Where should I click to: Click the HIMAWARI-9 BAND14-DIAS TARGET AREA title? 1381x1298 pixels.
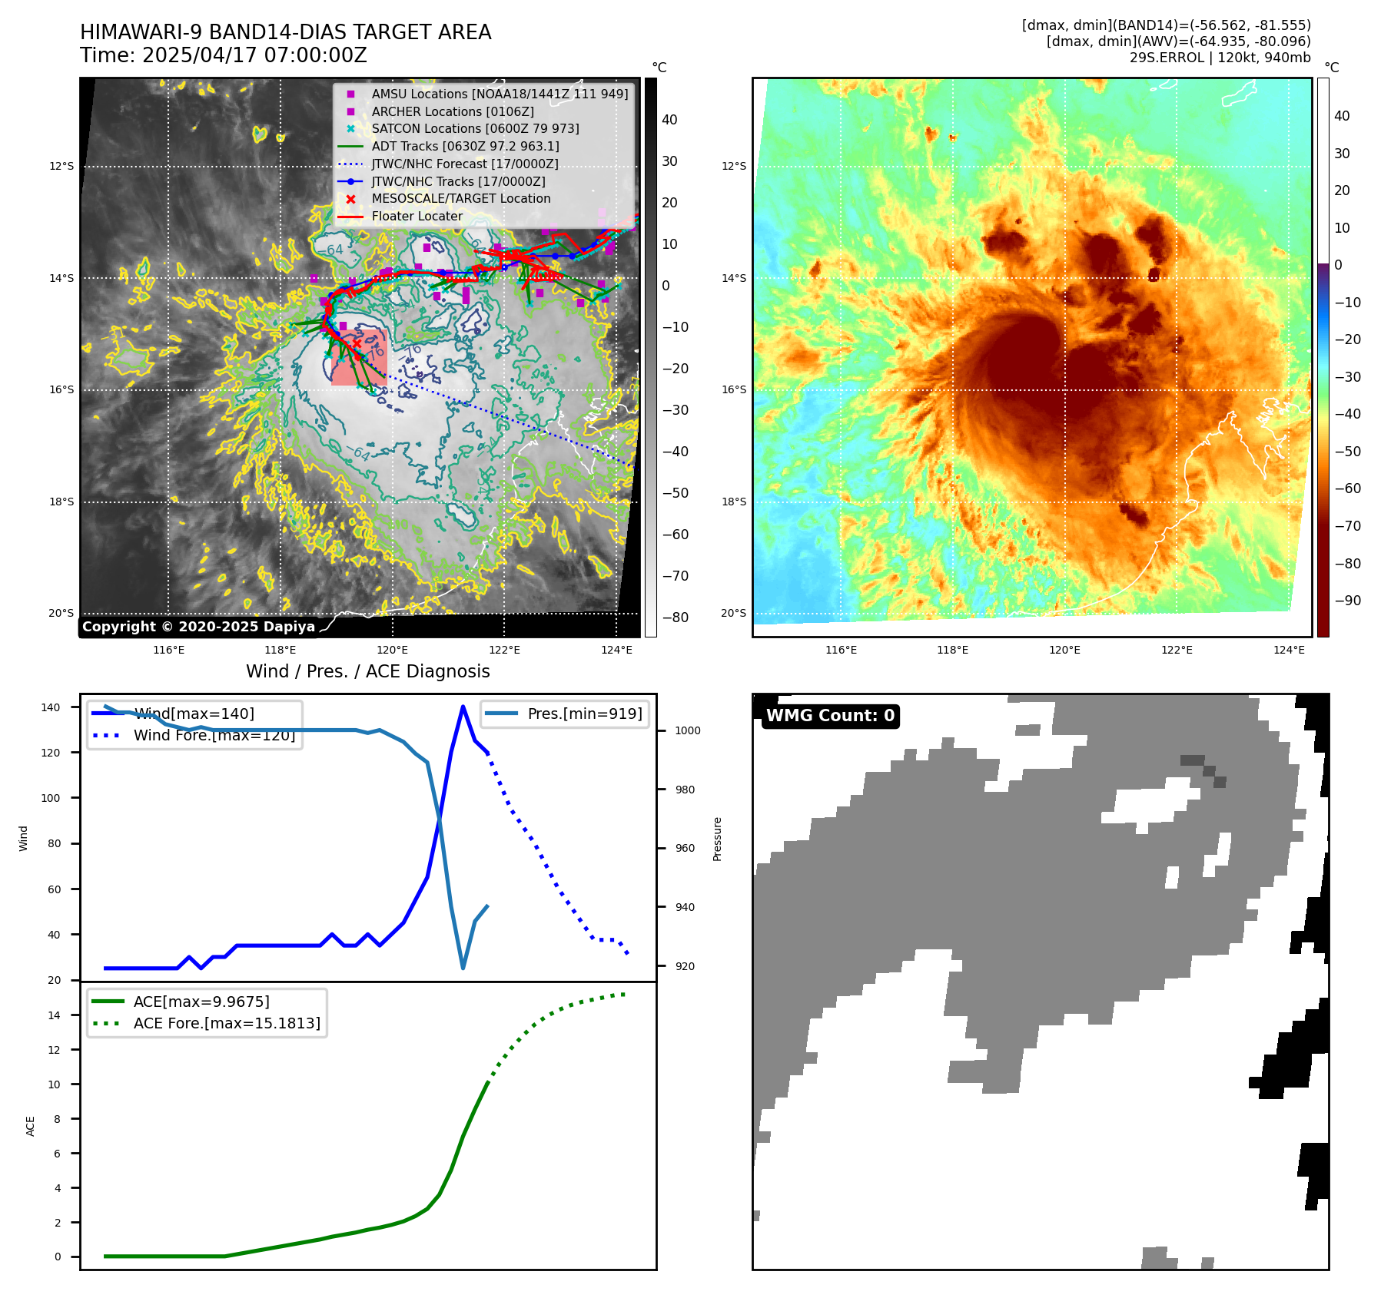(x=285, y=32)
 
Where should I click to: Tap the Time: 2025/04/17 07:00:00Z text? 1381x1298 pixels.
(x=224, y=55)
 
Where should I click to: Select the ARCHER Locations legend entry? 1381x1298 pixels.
(x=453, y=111)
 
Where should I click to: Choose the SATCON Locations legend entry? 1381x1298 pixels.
(x=475, y=128)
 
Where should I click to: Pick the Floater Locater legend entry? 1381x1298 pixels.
(x=417, y=216)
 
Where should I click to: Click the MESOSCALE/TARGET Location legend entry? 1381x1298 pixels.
(x=460, y=198)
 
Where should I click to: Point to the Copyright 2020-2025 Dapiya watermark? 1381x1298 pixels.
(x=198, y=627)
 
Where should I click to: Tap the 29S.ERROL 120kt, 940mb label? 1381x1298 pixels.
(x=1220, y=58)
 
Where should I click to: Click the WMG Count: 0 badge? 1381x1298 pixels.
(x=830, y=716)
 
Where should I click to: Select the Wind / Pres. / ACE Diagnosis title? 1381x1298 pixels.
(x=367, y=671)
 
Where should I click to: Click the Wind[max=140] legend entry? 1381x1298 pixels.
(x=194, y=714)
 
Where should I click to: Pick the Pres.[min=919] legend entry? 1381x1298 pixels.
(x=584, y=714)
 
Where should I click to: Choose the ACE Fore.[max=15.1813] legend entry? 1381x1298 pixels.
(x=227, y=1023)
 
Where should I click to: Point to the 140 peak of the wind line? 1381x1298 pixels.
(x=463, y=707)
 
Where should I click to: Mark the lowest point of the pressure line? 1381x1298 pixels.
(x=463, y=968)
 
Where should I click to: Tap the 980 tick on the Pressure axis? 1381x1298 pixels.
(x=687, y=790)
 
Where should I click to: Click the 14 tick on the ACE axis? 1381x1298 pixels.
(x=54, y=1015)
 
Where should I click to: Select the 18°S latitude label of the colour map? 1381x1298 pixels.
(x=732, y=502)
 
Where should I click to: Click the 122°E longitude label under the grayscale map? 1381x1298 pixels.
(x=504, y=650)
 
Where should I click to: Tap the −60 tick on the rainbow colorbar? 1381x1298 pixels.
(x=1346, y=488)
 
